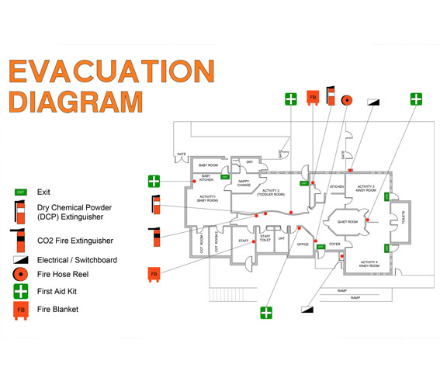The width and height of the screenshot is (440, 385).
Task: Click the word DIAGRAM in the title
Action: coord(75,101)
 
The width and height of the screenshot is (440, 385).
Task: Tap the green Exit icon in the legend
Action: coord(21,192)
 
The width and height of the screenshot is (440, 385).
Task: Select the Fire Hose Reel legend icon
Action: coord(21,276)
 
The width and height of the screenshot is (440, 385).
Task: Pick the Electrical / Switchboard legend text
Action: coord(77,260)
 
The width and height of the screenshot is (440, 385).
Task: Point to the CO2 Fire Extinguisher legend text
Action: coord(75,241)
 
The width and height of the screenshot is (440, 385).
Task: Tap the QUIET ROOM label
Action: coord(347,222)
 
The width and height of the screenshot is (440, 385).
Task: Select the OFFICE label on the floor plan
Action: coord(303,245)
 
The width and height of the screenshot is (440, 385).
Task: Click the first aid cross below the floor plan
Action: coord(266,313)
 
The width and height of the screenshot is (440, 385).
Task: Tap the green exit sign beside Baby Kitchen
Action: coord(225,177)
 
